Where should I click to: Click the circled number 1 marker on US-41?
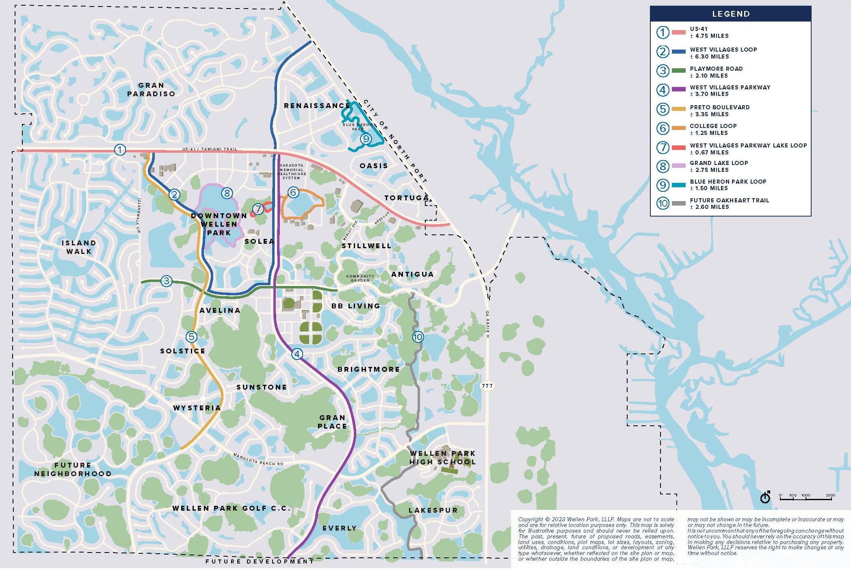pyautogui.click(x=120, y=150)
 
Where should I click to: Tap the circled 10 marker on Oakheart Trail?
pyautogui.click(x=418, y=337)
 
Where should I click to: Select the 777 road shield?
pyautogui.click(x=487, y=386)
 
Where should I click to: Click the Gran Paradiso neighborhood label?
pyautogui.click(x=151, y=89)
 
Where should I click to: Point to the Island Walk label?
pyautogui.click(x=79, y=247)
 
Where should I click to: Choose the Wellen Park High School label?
pyautogui.click(x=442, y=457)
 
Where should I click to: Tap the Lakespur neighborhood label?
pyautogui.click(x=433, y=510)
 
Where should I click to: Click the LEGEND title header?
pyautogui.click(x=730, y=14)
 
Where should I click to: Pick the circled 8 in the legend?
pyautogui.click(x=663, y=166)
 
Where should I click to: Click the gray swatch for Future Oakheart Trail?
pyautogui.click(x=679, y=203)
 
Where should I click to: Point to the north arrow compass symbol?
pyautogui.click(x=765, y=497)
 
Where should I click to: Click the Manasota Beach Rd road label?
pyautogui.click(x=258, y=459)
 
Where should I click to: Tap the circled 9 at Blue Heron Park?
pyautogui.click(x=366, y=139)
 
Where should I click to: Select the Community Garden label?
pyautogui.click(x=360, y=278)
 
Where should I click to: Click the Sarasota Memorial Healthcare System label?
pyautogui.click(x=291, y=171)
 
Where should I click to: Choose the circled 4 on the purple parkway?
pyautogui.click(x=297, y=354)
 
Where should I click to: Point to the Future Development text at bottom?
pyautogui.click(x=260, y=561)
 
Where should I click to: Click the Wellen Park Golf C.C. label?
pyautogui.click(x=231, y=508)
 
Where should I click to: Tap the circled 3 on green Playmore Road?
pyautogui.click(x=166, y=281)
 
